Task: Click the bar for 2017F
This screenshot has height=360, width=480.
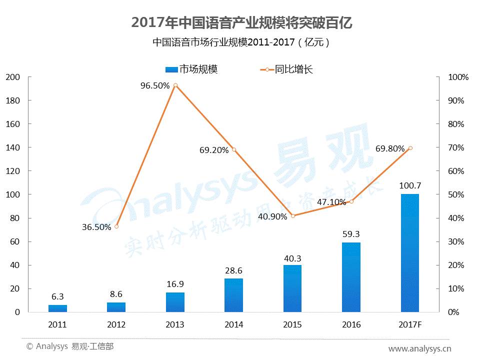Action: (x=410, y=253)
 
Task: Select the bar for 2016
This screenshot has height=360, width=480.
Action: (x=351, y=277)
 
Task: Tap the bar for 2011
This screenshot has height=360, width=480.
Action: (x=57, y=308)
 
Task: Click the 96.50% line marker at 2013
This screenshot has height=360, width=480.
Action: (x=175, y=85)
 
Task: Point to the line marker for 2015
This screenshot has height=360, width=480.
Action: (x=293, y=216)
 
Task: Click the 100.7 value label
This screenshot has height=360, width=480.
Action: (x=409, y=186)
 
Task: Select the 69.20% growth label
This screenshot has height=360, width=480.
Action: (x=214, y=149)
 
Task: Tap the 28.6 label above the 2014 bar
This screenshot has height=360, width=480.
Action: (x=233, y=270)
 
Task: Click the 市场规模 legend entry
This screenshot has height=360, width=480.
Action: (x=191, y=69)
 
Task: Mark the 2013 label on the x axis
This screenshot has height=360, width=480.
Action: (x=175, y=324)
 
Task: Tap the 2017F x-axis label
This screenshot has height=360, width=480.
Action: (x=410, y=324)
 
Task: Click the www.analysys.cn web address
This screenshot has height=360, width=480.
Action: (x=420, y=348)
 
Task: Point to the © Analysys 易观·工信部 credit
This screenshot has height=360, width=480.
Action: (x=70, y=346)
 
